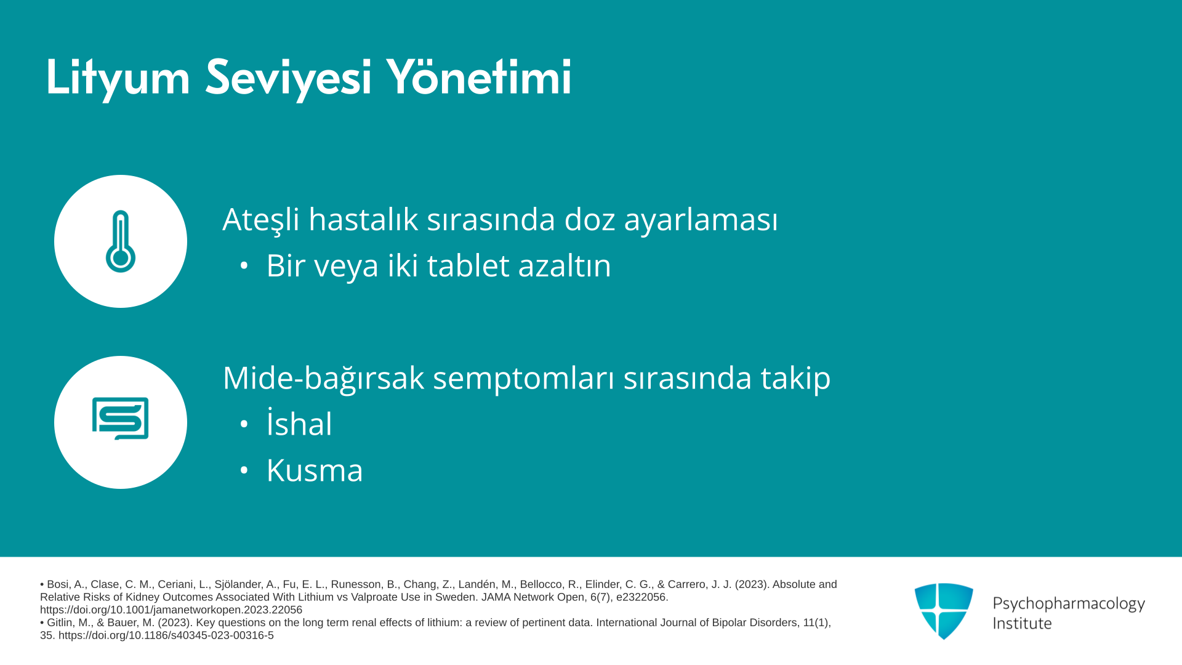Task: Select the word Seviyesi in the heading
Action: click(288, 78)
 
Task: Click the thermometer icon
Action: click(121, 241)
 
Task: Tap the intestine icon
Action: click(121, 419)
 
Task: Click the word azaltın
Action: click(565, 265)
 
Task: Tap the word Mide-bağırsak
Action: click(323, 379)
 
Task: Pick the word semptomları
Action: click(524, 379)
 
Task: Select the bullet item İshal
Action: click(299, 423)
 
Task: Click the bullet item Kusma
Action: click(315, 470)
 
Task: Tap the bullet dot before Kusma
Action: click(244, 470)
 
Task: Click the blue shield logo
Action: click(944, 611)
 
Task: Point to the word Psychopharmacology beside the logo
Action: click(1069, 604)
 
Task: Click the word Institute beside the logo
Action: click(1022, 623)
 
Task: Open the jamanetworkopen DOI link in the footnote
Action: click(171, 610)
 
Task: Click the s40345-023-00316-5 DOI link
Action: click(166, 635)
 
